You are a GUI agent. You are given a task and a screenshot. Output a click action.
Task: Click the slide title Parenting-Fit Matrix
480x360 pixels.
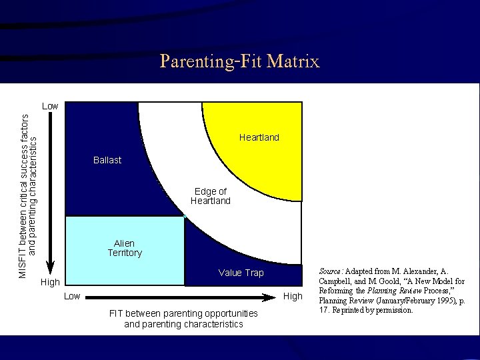point(240,62)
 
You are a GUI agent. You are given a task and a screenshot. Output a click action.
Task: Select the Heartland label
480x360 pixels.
point(259,137)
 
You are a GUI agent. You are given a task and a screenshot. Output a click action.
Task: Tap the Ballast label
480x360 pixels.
point(107,161)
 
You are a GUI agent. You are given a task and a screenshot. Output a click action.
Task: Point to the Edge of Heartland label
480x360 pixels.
point(210,196)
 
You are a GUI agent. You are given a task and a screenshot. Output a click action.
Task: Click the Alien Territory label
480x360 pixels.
point(125,248)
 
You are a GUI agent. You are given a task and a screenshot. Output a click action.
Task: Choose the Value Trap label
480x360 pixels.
point(241,273)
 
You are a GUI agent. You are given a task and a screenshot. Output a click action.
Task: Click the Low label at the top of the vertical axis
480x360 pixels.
point(49,106)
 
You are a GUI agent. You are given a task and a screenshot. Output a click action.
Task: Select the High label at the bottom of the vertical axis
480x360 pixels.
point(51,283)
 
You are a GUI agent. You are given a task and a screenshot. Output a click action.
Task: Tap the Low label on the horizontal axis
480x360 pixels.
point(72,296)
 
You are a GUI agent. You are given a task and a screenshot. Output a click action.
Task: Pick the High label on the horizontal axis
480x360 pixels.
point(293,296)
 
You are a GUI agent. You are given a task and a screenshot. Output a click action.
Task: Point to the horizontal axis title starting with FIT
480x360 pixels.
point(183,319)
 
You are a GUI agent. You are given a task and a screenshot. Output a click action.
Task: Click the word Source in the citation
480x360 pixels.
point(331,272)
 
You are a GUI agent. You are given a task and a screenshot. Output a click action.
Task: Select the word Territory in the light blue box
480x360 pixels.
point(125,253)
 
